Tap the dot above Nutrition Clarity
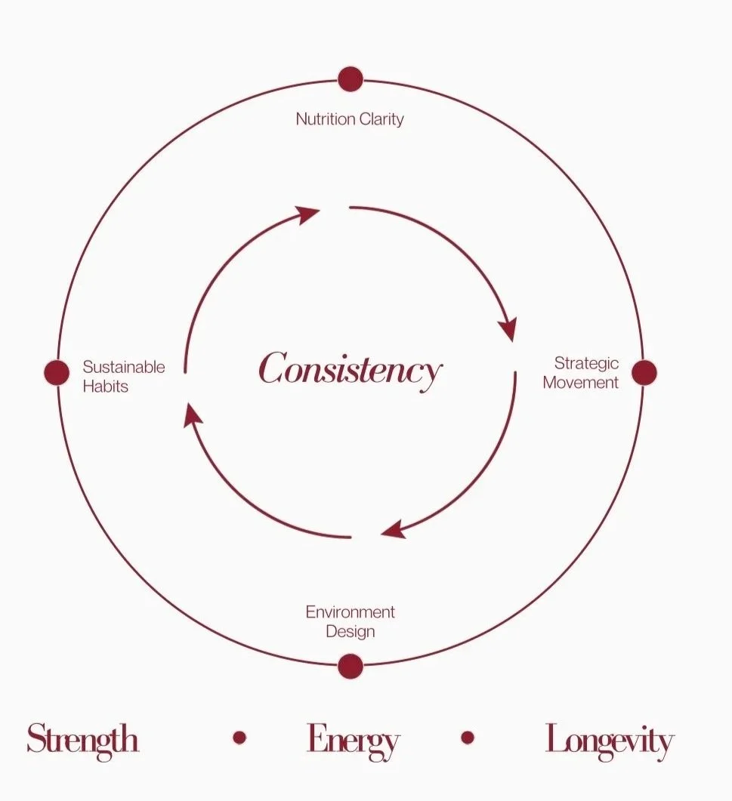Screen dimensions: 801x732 [351, 79]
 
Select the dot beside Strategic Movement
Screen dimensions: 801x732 [644, 372]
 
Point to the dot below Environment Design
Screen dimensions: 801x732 [351, 666]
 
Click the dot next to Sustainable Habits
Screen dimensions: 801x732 [57, 372]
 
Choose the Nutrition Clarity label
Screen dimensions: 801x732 [350, 119]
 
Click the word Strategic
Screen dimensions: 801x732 [586, 363]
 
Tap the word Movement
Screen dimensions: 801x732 [580, 382]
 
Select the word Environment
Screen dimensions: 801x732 [350, 612]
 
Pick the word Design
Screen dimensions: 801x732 [350, 630]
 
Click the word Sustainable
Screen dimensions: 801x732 [123, 367]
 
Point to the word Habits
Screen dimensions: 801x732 [105, 386]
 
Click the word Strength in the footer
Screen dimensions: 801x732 [82, 739]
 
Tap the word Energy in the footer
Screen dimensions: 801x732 [353, 740]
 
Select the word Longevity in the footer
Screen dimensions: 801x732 [609, 740]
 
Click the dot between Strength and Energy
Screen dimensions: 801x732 [239, 738]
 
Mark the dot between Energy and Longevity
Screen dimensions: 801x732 [468, 738]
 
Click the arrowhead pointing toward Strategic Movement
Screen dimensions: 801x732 [508, 329]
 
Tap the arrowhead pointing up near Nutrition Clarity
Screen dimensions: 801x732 [308, 214]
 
